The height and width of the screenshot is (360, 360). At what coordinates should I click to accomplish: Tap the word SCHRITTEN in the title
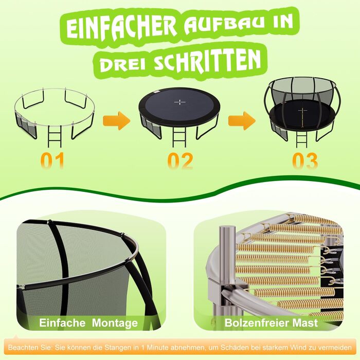[207, 60]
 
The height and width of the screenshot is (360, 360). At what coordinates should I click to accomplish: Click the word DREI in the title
[123, 64]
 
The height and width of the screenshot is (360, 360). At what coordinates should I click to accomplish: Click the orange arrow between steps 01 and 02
[117, 121]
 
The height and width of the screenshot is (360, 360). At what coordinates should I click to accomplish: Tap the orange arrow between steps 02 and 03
[242, 121]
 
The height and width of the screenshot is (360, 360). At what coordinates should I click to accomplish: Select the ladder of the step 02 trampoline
[179, 137]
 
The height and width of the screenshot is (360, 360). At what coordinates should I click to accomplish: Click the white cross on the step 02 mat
[180, 102]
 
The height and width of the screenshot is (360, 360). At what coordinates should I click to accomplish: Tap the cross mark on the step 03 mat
[302, 111]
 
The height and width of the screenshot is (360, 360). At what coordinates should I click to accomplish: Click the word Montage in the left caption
[115, 323]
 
